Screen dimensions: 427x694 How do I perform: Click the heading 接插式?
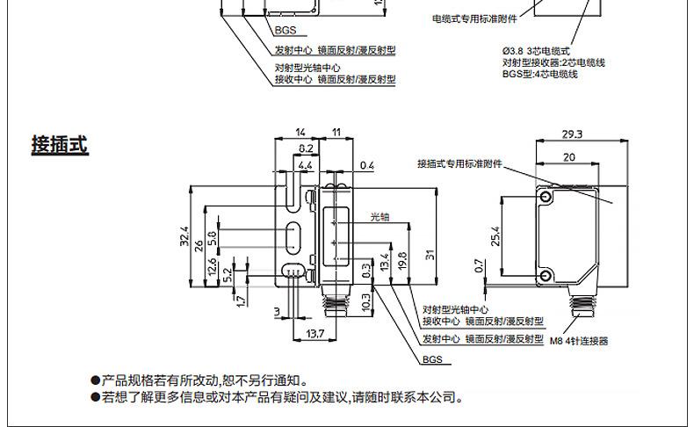coord(60,145)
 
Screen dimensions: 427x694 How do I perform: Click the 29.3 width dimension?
coord(571,134)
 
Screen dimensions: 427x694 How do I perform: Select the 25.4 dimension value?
coord(495,237)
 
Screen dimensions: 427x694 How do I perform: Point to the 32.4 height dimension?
coord(184,235)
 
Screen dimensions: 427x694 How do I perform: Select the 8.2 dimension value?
coord(307,148)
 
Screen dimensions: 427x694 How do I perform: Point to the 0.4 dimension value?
coord(366,165)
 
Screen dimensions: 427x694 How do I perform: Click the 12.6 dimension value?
coord(212,266)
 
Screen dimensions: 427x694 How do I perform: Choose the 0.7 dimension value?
coord(478,265)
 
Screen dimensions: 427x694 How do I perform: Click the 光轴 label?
coord(380,214)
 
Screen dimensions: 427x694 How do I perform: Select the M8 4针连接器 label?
coord(578,342)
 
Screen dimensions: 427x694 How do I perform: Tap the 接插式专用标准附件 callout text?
coord(465,163)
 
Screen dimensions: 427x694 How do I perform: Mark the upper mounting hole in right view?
coord(547,199)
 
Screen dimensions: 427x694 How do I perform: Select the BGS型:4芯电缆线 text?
coord(539,75)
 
